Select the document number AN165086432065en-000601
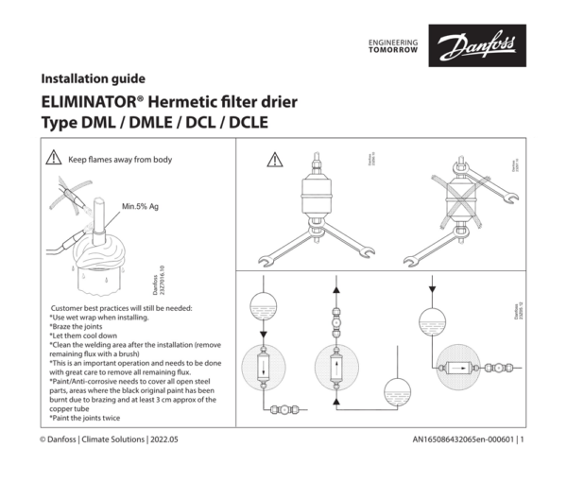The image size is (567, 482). coord(463,439)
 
